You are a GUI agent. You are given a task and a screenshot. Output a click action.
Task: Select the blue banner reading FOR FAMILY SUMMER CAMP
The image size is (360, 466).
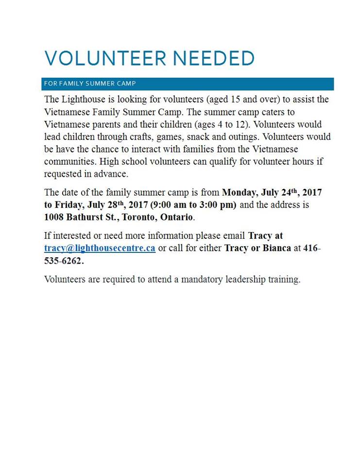point(188,83)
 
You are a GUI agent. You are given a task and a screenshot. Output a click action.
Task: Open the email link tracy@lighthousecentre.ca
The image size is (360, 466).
point(100,249)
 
